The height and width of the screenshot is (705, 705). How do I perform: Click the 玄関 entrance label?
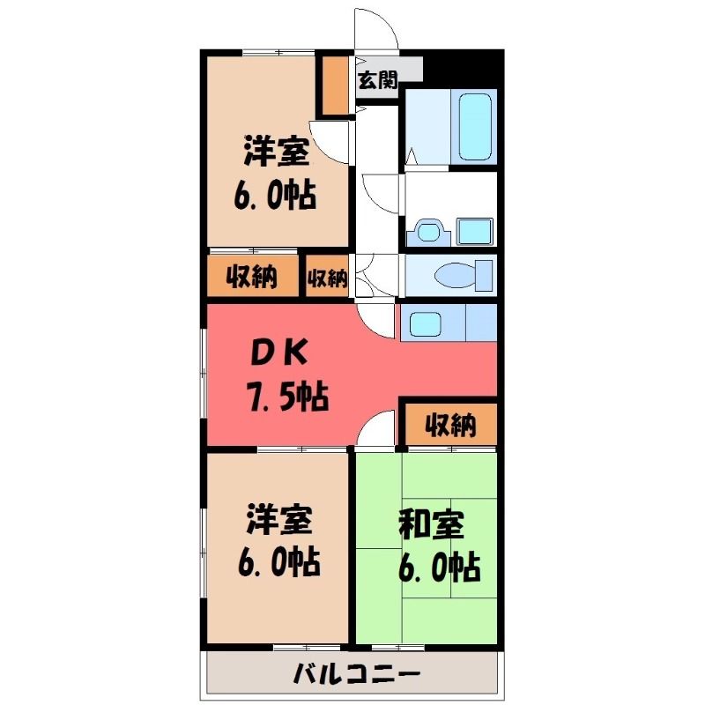(378, 80)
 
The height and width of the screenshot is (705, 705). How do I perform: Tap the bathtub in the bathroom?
(475, 127)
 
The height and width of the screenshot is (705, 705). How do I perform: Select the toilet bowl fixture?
(464, 275)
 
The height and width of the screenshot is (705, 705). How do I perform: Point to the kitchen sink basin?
(425, 324)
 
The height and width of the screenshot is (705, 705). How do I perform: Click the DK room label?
(278, 353)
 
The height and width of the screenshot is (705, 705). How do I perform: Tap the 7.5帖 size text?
(288, 396)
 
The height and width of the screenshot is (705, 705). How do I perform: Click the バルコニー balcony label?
(357, 675)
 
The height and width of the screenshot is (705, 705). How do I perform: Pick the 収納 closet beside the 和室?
(451, 425)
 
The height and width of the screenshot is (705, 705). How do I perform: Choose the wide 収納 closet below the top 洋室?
(253, 276)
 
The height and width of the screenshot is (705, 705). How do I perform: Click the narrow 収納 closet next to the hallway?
(327, 276)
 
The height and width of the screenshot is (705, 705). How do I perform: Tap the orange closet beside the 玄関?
(335, 85)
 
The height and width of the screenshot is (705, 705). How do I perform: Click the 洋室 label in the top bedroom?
(277, 151)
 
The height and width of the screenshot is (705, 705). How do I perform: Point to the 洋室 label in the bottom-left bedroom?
(278, 519)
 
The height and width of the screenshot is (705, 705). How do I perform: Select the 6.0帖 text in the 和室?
(439, 568)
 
